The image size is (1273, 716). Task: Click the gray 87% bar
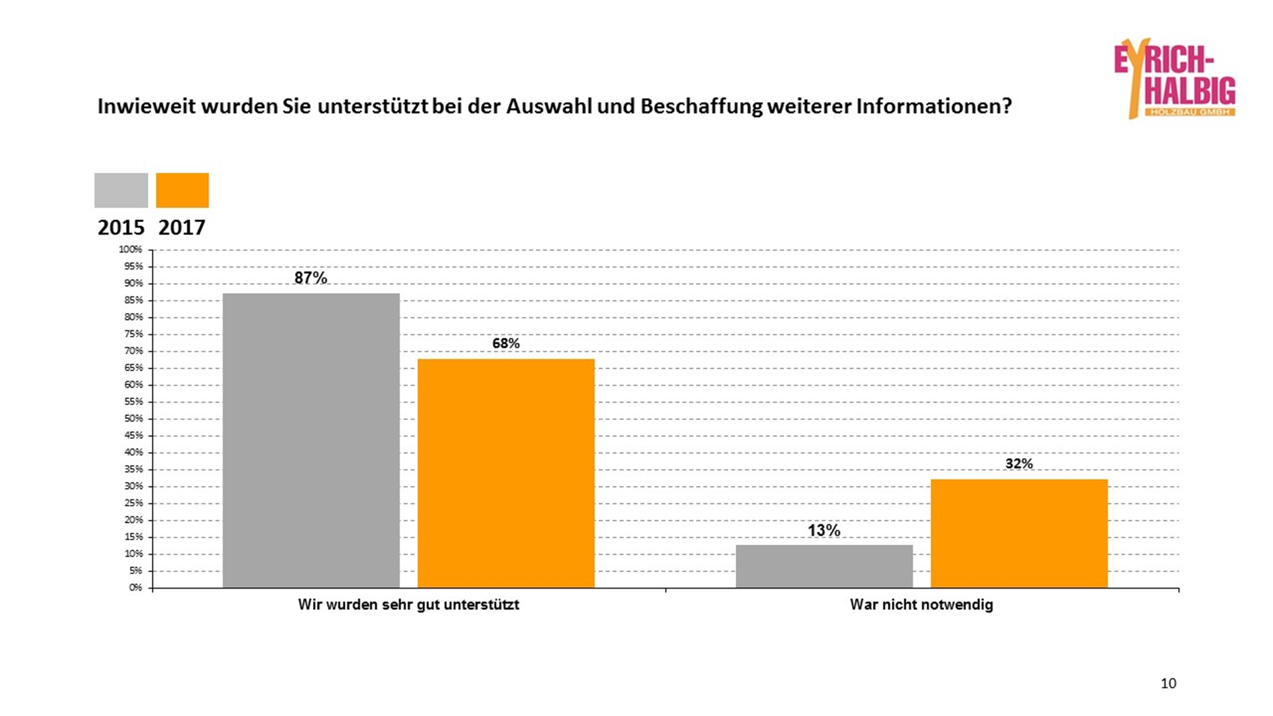[x=311, y=440]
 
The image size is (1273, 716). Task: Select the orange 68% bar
[x=506, y=473]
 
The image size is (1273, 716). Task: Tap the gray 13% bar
[x=824, y=566]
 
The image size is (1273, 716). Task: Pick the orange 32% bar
[x=1019, y=533]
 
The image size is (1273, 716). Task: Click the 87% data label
[x=311, y=278]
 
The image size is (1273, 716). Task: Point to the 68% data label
[x=506, y=343]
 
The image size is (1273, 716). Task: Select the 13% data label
[x=824, y=530]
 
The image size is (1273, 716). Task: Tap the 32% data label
[x=1019, y=464]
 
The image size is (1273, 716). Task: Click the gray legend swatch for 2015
[x=121, y=190]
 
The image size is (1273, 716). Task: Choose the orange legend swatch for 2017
[x=182, y=190]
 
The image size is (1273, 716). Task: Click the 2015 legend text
[x=121, y=227]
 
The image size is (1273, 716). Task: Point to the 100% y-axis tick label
[x=131, y=249]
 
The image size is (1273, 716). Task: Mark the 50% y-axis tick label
[x=133, y=418]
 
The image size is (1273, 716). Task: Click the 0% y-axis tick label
[x=136, y=587]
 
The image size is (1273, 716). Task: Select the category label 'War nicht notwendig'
[x=922, y=605]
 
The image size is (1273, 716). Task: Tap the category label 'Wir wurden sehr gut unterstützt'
[x=408, y=605]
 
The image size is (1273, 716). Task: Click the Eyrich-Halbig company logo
[x=1175, y=78]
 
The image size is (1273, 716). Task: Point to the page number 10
[x=1168, y=684]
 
